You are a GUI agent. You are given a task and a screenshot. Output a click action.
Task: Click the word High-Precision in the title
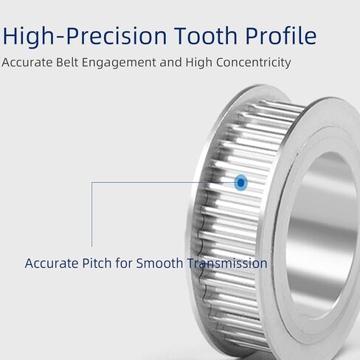click(x=84, y=36)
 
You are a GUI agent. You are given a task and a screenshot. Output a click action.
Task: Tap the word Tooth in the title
click(x=206, y=35)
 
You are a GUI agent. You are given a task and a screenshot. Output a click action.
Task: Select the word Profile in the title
click(x=281, y=35)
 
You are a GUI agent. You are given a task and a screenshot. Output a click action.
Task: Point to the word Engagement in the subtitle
click(x=119, y=63)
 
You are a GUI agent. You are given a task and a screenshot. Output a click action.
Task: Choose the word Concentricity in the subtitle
click(x=254, y=63)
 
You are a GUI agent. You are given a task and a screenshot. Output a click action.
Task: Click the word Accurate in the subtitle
click(x=27, y=63)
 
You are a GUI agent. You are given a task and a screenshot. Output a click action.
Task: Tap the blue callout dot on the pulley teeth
click(x=241, y=183)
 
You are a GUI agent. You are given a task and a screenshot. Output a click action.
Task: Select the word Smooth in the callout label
click(x=159, y=263)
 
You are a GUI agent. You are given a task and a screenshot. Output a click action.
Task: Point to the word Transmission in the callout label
click(x=227, y=263)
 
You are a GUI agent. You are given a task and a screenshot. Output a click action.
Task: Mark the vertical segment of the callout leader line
click(x=92, y=214)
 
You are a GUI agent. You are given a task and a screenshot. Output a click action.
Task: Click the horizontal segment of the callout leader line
click(x=163, y=182)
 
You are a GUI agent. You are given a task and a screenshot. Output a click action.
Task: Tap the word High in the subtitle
click(x=198, y=63)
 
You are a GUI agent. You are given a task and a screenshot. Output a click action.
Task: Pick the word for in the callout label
click(x=124, y=263)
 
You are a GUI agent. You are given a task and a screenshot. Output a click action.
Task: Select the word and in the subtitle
click(x=171, y=63)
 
